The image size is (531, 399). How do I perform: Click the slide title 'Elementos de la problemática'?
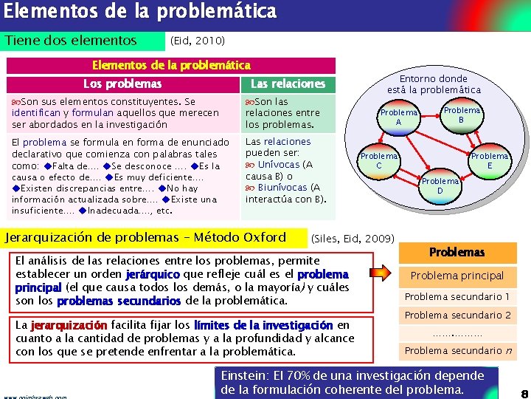pyautogui.click(x=140, y=13)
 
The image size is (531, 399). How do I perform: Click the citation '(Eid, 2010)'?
pyautogui.click(x=197, y=41)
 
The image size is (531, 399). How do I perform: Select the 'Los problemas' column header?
pyautogui.click(x=122, y=83)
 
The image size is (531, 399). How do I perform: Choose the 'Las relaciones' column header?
pyautogui.click(x=288, y=83)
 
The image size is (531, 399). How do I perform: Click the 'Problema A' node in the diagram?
pyautogui.click(x=398, y=117)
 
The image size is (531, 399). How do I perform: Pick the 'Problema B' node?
pyautogui.click(x=461, y=115)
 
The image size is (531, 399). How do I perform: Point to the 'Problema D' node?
pyautogui.click(x=440, y=185)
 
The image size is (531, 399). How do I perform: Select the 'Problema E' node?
pyautogui.click(x=490, y=160)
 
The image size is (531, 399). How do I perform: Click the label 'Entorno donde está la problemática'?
pyautogui.click(x=440, y=83)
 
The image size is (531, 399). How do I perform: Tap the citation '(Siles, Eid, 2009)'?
pyautogui.click(x=353, y=239)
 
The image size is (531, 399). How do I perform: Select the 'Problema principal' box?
pyautogui.click(x=457, y=276)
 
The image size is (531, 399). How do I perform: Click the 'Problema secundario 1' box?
pyautogui.click(x=457, y=296)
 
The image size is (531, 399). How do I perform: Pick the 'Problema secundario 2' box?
pyautogui.click(x=457, y=316)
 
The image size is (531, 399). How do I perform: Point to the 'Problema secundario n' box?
pyautogui.click(x=457, y=350)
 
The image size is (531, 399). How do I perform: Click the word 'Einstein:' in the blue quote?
pyautogui.click(x=242, y=375)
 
